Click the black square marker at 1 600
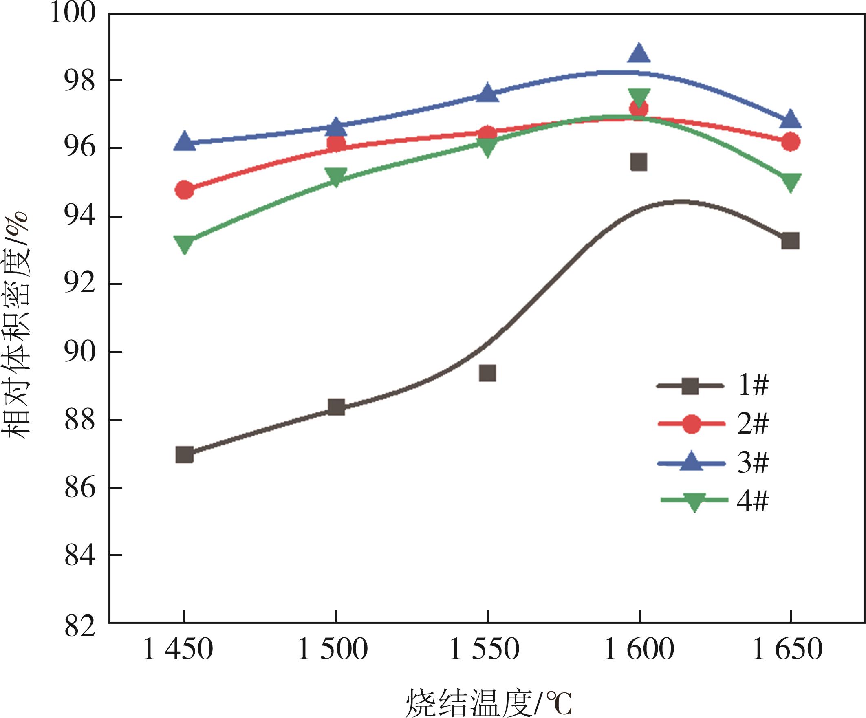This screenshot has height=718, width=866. point(639,162)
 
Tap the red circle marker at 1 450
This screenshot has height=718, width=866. point(184,190)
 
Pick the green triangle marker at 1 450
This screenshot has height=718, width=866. point(184,244)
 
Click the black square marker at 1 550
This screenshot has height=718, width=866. point(487,373)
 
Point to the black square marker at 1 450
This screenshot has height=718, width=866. point(184,455)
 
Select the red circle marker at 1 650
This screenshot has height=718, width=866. point(790,142)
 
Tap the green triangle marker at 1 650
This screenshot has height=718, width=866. point(790,181)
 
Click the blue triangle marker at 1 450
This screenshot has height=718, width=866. point(184,142)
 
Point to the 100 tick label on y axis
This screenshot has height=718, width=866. point(73,13)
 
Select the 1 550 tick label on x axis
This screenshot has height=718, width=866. point(484,650)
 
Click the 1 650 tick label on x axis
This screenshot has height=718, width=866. point(788,650)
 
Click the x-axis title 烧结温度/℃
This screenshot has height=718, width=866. point(489,703)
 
